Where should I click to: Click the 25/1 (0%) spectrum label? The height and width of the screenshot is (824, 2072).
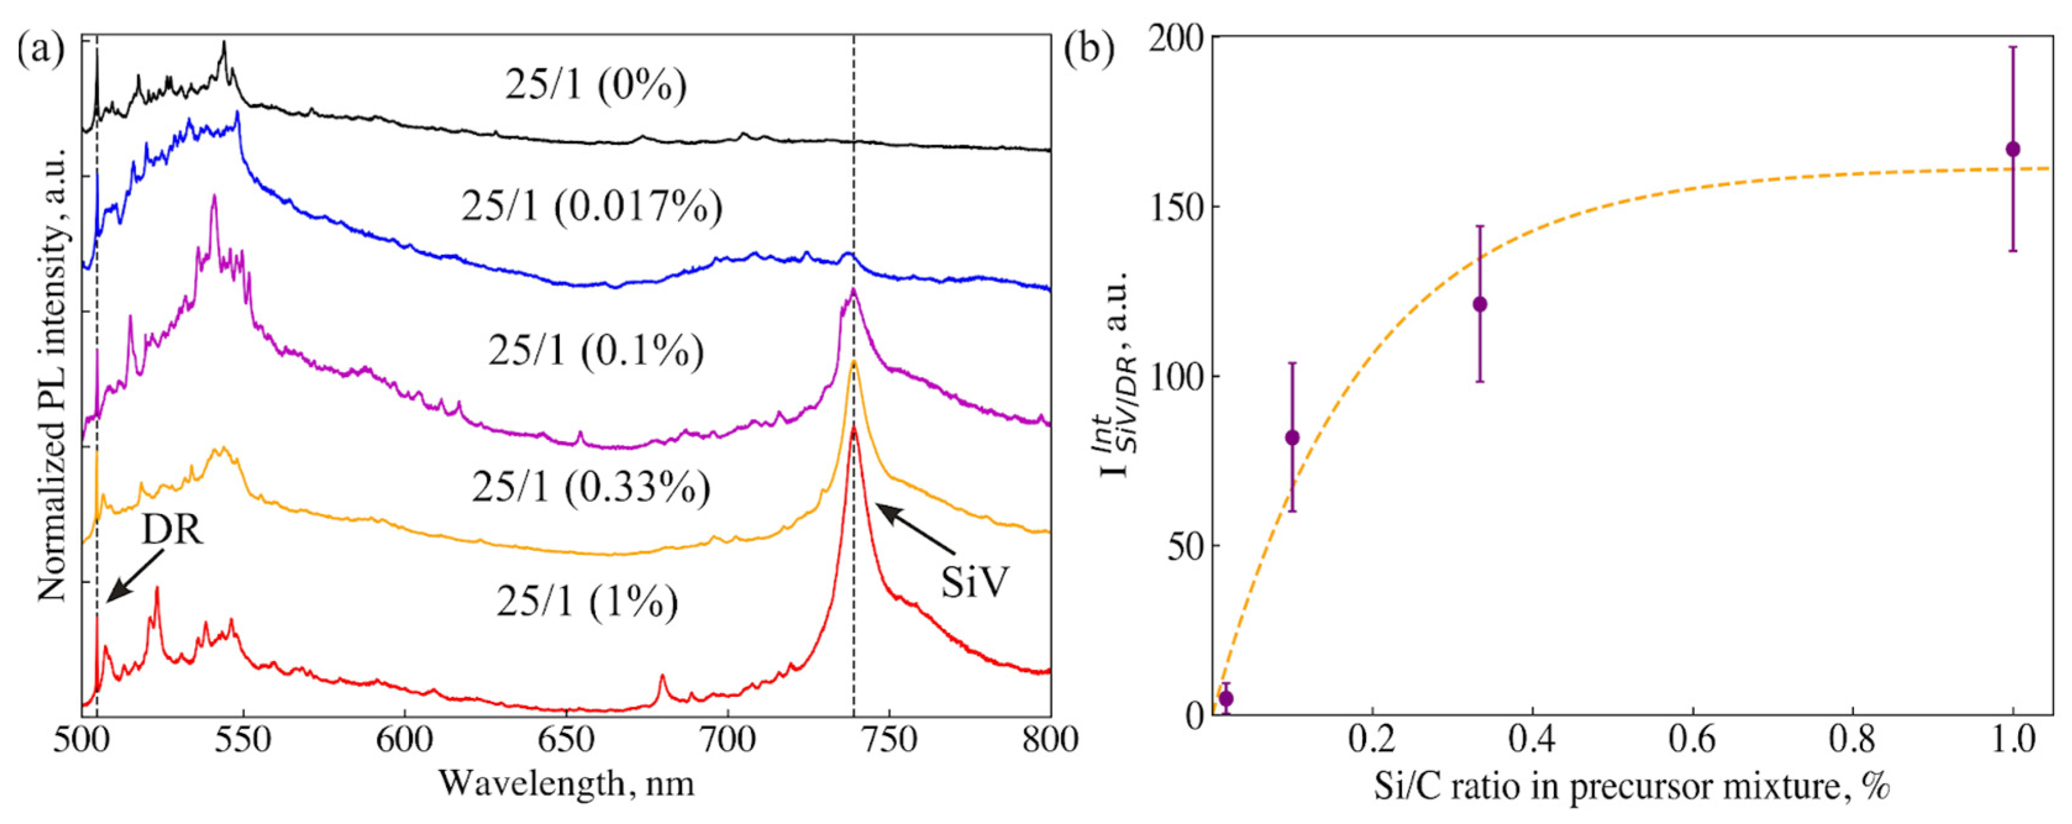point(595,85)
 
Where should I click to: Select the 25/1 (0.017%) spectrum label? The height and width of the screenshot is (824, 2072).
point(591,207)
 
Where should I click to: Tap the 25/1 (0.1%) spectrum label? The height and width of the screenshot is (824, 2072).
point(595,351)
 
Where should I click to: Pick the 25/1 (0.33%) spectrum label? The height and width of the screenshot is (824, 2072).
point(591,487)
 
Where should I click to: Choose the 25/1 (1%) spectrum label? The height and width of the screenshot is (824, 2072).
point(587,601)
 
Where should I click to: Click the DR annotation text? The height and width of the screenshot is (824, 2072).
point(172,531)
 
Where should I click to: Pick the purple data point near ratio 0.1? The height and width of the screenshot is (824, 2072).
point(1292,438)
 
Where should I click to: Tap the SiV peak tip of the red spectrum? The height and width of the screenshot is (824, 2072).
point(853,428)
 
